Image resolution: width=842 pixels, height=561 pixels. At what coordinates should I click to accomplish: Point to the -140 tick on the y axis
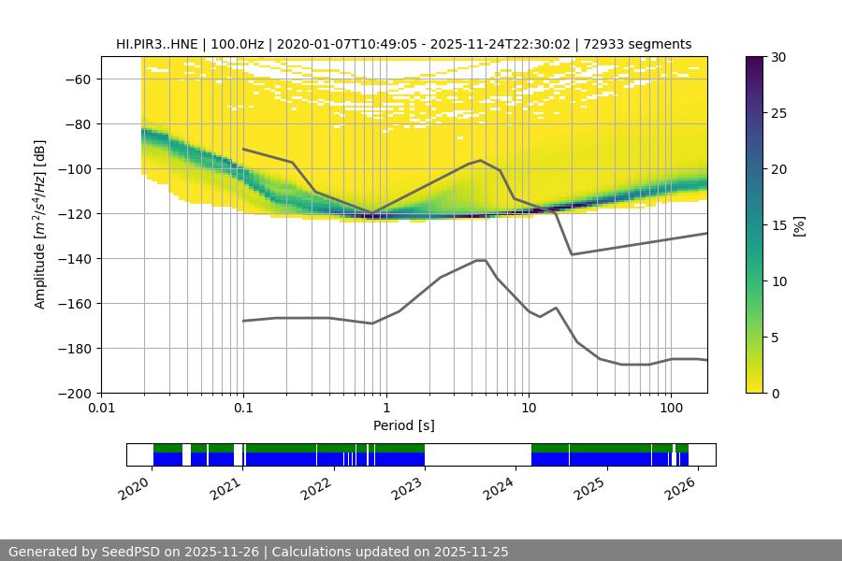(x=75, y=258)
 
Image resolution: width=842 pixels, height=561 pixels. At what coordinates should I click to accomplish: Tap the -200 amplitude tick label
(x=75, y=393)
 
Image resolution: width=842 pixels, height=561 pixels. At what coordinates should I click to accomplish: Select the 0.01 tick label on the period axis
(x=101, y=409)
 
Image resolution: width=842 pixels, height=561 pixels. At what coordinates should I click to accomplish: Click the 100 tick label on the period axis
(x=670, y=409)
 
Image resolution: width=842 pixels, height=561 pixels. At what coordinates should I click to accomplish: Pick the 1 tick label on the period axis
(x=385, y=409)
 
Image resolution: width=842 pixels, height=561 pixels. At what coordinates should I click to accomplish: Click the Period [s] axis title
(x=403, y=425)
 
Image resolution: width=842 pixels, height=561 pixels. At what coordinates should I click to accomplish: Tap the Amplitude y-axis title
(x=39, y=224)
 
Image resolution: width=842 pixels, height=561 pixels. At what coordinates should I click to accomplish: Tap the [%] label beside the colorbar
(x=798, y=225)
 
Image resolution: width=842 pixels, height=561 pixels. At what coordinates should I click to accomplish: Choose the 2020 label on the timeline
(x=136, y=487)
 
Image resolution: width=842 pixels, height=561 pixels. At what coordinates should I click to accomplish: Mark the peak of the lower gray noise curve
(x=481, y=260)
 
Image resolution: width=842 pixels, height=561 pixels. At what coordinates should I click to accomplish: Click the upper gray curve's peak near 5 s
(x=481, y=161)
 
